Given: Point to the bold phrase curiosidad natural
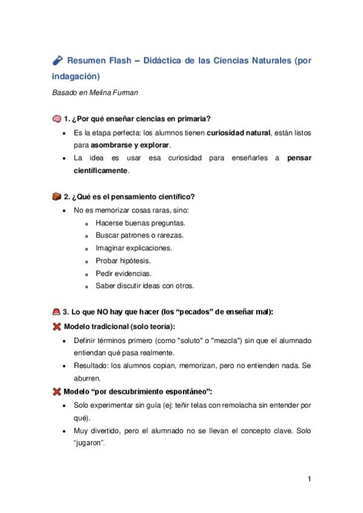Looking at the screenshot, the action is tap(238, 132).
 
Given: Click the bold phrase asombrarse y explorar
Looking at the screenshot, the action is tap(130, 145).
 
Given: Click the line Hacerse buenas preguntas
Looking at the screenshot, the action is tap(132, 223).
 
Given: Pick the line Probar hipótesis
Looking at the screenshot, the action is tap(123, 261).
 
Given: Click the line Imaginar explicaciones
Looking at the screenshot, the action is tap(134, 248).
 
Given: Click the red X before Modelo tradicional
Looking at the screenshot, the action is tap(56, 327).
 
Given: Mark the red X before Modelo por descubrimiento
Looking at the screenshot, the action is tap(56, 392).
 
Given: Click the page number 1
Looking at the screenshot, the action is tap(309, 480).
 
